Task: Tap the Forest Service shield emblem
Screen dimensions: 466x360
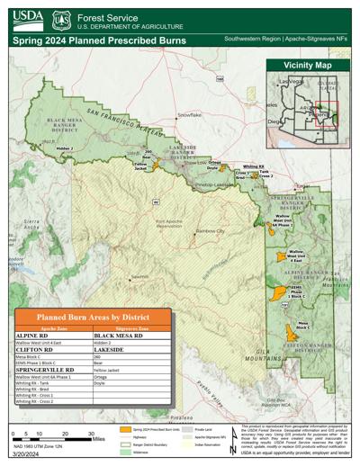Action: [63, 17]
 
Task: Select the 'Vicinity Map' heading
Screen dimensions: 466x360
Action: [307, 67]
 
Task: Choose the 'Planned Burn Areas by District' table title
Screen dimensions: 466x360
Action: [92, 318]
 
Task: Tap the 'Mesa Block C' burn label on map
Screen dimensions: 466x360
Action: [303, 326]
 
